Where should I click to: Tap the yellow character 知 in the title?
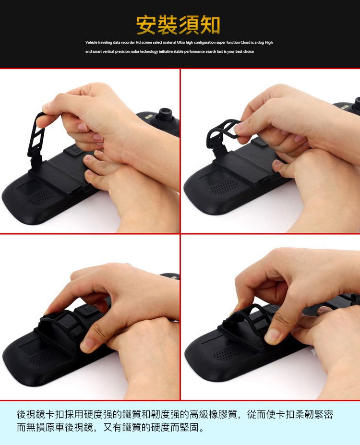click(x=210, y=25)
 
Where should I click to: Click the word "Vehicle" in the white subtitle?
click(x=91, y=42)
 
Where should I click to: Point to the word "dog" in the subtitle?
click(x=261, y=42)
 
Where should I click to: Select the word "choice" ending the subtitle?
click(x=249, y=51)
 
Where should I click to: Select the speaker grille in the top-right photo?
click(x=224, y=187)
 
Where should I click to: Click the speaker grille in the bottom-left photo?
click(x=43, y=358)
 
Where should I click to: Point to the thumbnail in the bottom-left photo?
click(x=88, y=344)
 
